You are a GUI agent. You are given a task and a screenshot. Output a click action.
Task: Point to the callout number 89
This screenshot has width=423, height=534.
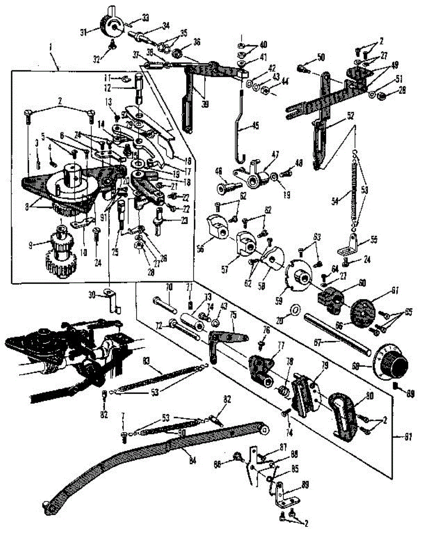coord(293,483)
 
